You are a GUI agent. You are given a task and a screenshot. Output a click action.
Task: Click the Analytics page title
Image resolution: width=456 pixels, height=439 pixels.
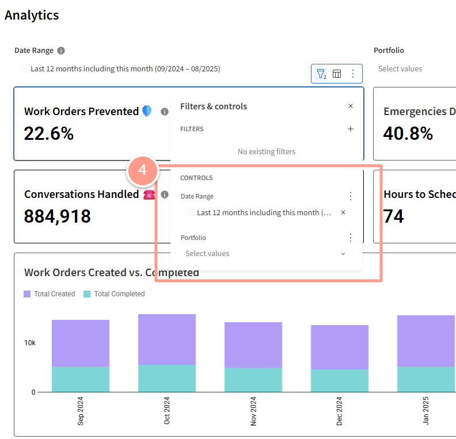32,15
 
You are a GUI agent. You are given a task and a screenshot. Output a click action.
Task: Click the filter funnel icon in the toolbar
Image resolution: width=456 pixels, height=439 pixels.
321,74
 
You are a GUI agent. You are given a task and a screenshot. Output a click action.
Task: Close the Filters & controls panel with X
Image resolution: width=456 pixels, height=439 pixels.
351,106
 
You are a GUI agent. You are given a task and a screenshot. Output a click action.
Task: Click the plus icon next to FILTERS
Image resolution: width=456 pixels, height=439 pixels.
351,129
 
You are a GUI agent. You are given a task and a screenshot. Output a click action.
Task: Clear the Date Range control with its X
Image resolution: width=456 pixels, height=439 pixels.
343,212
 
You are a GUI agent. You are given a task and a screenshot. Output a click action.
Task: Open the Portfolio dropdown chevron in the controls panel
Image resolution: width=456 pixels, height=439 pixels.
343,254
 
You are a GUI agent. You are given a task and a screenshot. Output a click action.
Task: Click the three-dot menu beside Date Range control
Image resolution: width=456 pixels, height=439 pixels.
351,196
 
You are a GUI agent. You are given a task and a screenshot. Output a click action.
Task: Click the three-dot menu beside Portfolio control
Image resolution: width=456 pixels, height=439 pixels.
351,238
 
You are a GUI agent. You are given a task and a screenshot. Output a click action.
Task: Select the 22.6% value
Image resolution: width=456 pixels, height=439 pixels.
49,133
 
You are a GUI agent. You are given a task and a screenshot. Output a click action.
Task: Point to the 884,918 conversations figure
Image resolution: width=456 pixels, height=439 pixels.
58,216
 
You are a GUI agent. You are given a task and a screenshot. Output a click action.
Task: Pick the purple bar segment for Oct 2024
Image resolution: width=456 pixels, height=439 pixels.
167,339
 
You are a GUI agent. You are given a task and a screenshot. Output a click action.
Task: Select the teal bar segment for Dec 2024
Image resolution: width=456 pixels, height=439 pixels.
340,380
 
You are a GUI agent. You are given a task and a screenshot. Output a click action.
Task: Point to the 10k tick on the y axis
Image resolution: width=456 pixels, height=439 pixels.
29,343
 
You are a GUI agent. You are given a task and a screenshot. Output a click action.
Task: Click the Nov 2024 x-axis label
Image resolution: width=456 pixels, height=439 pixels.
253,411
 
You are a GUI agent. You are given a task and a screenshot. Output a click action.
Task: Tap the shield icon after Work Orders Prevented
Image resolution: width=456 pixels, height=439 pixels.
147,111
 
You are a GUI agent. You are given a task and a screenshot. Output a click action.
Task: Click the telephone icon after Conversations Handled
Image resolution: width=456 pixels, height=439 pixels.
149,194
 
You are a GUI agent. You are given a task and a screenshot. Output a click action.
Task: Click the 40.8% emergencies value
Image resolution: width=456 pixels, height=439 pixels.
408,133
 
